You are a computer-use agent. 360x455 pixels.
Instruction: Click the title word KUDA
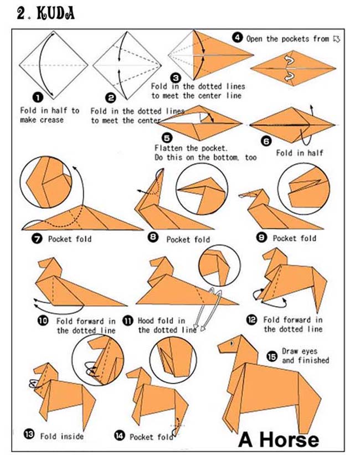(x=54, y=13)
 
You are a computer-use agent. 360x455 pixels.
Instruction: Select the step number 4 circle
(x=237, y=38)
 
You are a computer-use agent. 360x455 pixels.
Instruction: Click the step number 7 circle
(x=37, y=239)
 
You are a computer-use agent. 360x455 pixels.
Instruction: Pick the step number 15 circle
(x=271, y=355)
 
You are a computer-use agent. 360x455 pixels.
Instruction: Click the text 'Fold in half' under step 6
(x=299, y=153)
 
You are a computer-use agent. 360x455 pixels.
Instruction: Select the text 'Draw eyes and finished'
(x=305, y=355)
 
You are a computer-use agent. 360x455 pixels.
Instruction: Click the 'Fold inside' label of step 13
(x=61, y=436)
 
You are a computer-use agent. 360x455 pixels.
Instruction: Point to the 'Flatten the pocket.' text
(x=183, y=148)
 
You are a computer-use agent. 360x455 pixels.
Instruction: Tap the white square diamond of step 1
(x=54, y=65)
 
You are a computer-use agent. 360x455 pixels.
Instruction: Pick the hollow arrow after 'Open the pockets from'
(x=336, y=39)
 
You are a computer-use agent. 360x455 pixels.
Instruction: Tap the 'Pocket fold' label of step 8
(x=188, y=239)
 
